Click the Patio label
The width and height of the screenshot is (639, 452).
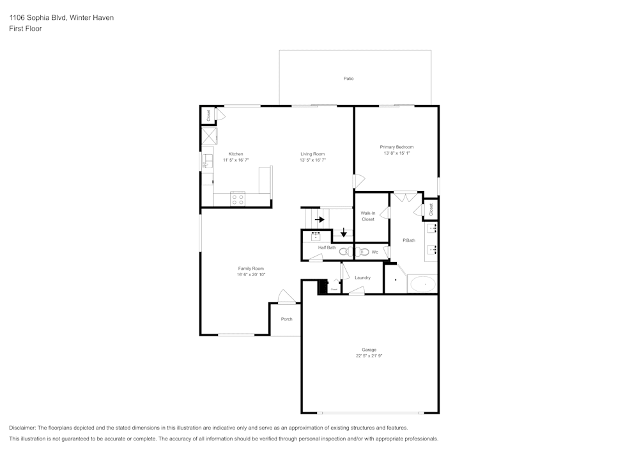(x=348, y=79)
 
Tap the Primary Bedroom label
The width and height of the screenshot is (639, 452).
(x=396, y=147)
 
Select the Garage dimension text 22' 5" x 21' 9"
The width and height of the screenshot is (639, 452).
(x=369, y=356)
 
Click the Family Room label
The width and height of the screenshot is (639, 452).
(x=251, y=269)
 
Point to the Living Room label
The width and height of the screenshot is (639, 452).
(x=313, y=154)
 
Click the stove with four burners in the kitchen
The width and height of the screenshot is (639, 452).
(x=238, y=199)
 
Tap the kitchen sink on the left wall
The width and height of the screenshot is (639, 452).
(x=207, y=160)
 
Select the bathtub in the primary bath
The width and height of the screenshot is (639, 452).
(x=422, y=283)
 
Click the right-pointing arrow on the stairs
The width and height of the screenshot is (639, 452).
(x=319, y=219)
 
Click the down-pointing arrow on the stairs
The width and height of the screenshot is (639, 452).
(x=344, y=232)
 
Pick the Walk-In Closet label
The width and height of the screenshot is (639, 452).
(x=368, y=216)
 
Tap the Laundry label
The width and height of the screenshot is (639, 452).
(x=362, y=277)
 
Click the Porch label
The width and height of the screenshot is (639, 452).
(x=287, y=319)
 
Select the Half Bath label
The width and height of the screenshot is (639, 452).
(x=327, y=247)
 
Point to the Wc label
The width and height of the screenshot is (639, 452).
(x=375, y=252)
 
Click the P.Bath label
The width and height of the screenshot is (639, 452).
(x=409, y=240)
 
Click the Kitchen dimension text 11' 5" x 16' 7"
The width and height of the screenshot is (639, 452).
(x=236, y=160)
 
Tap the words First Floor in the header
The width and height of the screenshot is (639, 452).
(x=26, y=29)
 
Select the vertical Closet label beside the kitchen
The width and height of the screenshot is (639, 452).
(x=208, y=115)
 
